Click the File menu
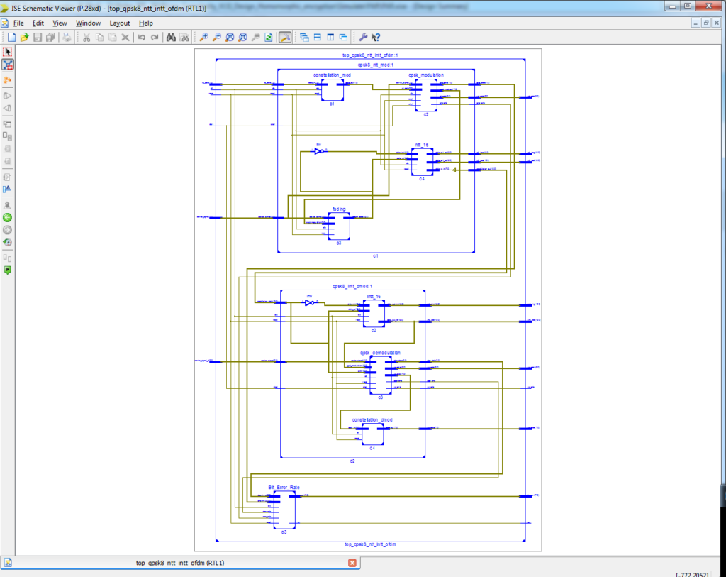[x=18, y=23]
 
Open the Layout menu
[x=119, y=23]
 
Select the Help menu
[x=145, y=23]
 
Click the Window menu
[x=88, y=23]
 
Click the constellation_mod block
[x=332, y=89]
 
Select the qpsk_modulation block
[x=426, y=95]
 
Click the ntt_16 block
[x=422, y=163]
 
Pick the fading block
[x=339, y=226]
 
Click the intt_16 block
[x=374, y=313]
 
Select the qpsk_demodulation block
[x=380, y=375]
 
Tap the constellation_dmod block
[x=372, y=434]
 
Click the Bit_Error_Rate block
[x=284, y=509]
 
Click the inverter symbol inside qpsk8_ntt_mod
[x=320, y=151]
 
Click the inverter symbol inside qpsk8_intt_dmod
[x=310, y=302]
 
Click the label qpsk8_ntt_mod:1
[x=376, y=65]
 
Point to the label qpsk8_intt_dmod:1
[x=352, y=286]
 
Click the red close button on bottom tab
[x=352, y=563]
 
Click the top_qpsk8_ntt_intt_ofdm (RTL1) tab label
[x=180, y=563]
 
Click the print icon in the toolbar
[x=66, y=38]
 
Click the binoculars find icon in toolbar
[x=171, y=38]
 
